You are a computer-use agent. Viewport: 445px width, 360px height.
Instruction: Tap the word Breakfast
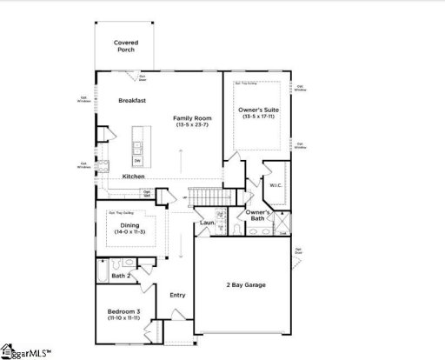[131, 101]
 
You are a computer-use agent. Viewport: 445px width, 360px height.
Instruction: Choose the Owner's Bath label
[257, 215]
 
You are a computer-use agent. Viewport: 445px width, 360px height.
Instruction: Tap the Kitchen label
[133, 177]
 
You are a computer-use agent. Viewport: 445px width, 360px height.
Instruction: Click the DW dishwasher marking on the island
[137, 161]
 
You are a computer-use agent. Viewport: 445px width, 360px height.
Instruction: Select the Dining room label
[128, 224]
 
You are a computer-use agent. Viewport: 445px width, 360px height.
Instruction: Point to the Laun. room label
[207, 223]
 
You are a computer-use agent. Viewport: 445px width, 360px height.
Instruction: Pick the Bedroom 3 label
[123, 310]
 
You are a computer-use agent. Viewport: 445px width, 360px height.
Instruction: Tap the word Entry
[177, 295]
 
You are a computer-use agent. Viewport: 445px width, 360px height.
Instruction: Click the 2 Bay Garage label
[246, 285]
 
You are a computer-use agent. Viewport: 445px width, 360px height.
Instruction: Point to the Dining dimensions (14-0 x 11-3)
[128, 232]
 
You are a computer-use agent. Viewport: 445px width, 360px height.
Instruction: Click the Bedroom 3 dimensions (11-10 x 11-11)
[123, 319]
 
